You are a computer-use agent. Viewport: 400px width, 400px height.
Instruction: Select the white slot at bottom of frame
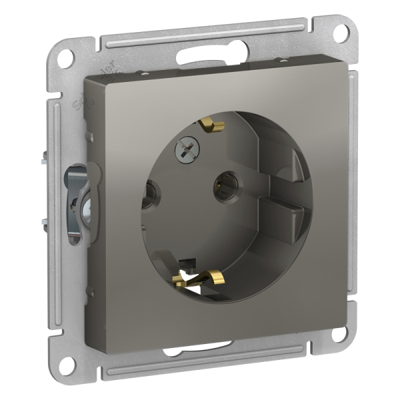197,347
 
